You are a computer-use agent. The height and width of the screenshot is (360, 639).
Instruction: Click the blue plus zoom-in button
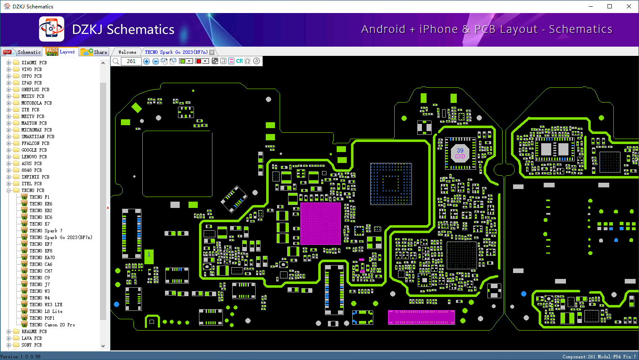pyautogui.click(x=147, y=61)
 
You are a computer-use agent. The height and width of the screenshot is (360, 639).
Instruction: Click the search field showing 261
pyautogui.click(x=131, y=61)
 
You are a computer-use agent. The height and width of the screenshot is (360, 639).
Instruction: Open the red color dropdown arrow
pyautogui.click(x=205, y=61)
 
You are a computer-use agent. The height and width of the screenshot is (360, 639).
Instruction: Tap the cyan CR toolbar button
pyautogui.click(x=239, y=61)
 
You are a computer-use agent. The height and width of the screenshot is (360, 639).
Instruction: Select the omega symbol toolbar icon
pyautogui.click(x=248, y=61)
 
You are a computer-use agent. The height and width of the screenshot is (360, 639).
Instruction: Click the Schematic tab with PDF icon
pyautogui.click(x=22, y=52)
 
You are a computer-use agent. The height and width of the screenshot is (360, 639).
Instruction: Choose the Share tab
pyautogui.click(x=94, y=52)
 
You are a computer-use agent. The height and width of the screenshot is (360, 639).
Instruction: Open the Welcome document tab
pyautogui.click(x=127, y=52)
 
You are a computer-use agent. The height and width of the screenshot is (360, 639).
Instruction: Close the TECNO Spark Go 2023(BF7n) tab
pyautogui.click(x=212, y=52)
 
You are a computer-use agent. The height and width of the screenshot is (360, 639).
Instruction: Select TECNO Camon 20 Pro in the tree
pyautogui.click(x=52, y=325)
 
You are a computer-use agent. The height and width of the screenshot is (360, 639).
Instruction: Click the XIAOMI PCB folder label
pyautogui.click(x=34, y=63)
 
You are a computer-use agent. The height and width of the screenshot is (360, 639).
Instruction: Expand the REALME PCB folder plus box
pyautogui.click(x=8, y=331)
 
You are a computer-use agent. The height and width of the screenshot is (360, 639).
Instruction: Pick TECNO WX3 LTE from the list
pyautogui.click(x=46, y=305)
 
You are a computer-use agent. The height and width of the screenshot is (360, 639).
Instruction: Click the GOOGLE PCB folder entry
pyautogui.click(x=34, y=150)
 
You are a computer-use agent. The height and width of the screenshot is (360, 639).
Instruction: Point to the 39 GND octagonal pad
pyautogui.click(x=460, y=153)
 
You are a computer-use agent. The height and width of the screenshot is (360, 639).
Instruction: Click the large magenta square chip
pyautogui.click(x=320, y=223)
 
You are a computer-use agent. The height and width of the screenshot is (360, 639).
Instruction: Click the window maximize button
pyautogui.click(x=610, y=6)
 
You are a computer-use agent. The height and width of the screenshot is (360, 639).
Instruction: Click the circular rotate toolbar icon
pyautogui.click(x=257, y=61)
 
